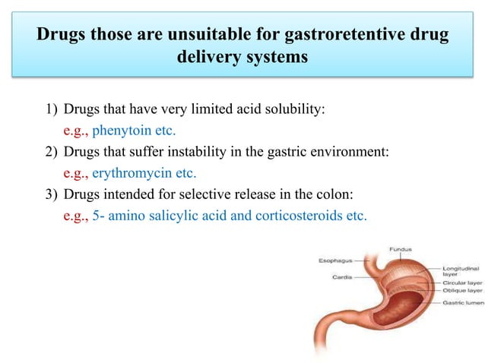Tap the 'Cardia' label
[341, 277]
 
